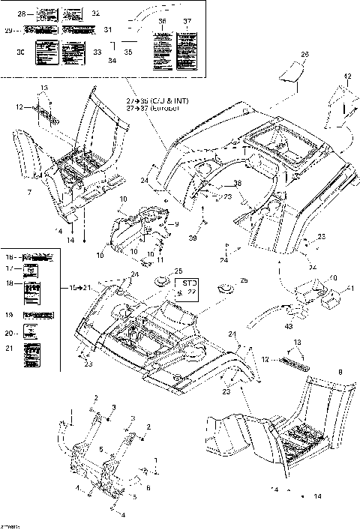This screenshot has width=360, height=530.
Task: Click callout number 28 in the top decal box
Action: click(x=21, y=14)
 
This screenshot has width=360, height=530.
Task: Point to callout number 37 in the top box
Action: click(x=187, y=21)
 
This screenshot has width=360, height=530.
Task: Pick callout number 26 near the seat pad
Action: click(x=304, y=55)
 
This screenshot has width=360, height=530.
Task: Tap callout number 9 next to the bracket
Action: click(x=177, y=223)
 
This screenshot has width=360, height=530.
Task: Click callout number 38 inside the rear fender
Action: click(x=217, y=184)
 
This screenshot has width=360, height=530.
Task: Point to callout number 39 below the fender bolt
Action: click(x=192, y=238)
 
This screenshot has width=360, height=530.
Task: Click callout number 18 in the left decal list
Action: click(x=10, y=283)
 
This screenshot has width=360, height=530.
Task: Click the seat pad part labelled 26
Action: click(x=289, y=73)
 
